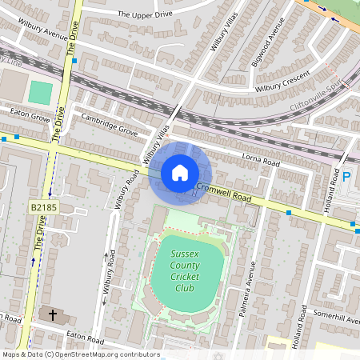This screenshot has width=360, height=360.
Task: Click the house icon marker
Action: tap(180, 172)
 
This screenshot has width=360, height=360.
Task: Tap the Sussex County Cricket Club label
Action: tap(184, 271)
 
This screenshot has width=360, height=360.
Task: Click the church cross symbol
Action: tap(54, 314)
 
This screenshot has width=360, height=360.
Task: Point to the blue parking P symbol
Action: tap(347, 178)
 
